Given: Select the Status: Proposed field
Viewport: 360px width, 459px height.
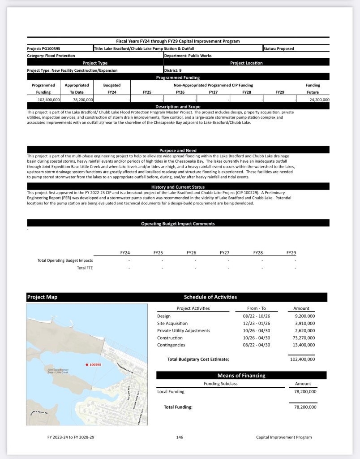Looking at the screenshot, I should pyautogui.click(x=279, y=48).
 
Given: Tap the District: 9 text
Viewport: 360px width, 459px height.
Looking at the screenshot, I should pyautogui.click(x=173, y=70).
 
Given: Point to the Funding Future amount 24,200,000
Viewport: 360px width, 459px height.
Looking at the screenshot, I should pyautogui.click(x=319, y=100).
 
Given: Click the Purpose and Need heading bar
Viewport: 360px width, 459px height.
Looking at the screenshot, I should pyautogui.click(x=178, y=150).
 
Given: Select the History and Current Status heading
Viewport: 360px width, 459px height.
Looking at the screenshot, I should pyautogui.click(x=178, y=187).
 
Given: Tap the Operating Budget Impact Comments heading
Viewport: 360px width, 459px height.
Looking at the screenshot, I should pyautogui.click(x=178, y=223).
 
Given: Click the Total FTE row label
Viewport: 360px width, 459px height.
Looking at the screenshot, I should pyautogui.click(x=85, y=268).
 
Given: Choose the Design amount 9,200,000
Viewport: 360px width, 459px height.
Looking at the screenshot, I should pyautogui.click(x=304, y=316).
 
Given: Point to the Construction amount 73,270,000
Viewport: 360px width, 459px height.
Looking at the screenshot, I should pyautogui.click(x=303, y=338).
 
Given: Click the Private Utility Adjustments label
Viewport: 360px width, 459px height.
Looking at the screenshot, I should pyautogui.click(x=184, y=330).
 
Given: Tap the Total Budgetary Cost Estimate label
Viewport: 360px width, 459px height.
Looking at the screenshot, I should pyautogui.click(x=198, y=359).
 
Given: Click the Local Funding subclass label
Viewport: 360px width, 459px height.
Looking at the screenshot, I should pyautogui.click(x=171, y=391).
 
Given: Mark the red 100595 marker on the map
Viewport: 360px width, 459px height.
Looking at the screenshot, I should pyautogui.click(x=86, y=365).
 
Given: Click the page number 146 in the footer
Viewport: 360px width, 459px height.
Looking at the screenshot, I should pyautogui.click(x=180, y=437).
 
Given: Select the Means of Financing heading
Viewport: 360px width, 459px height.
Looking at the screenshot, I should pyautogui.click(x=241, y=376).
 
